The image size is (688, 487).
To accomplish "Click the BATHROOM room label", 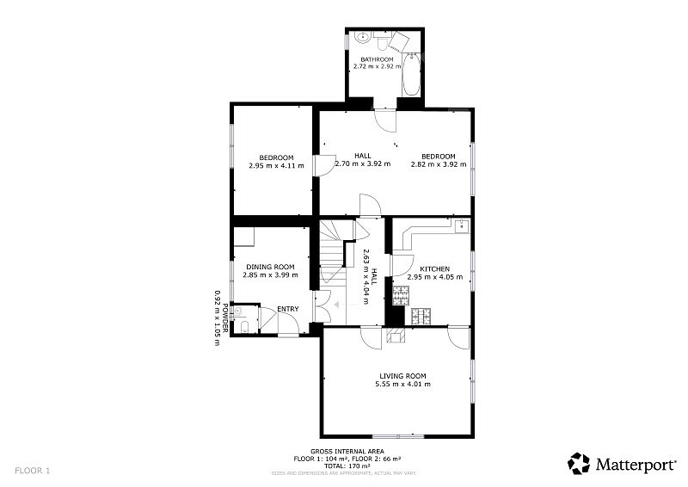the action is click(x=377, y=59).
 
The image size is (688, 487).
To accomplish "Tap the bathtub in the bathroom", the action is click(x=411, y=75).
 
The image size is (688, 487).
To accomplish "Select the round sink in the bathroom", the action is click(x=363, y=37).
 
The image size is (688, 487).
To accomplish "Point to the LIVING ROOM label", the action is click(x=402, y=376).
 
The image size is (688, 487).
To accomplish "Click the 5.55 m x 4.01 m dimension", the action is click(x=402, y=384).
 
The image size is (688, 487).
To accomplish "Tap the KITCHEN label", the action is click(x=435, y=268).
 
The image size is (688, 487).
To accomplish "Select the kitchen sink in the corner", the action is click(x=462, y=225).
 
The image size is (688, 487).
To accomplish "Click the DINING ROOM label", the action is click(x=270, y=267).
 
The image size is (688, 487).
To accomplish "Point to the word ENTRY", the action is click(x=288, y=309).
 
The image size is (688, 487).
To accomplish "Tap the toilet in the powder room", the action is click(x=244, y=327).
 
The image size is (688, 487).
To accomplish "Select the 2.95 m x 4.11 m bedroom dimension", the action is click(x=276, y=165).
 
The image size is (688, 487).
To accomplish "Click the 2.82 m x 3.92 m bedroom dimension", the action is click(x=439, y=164).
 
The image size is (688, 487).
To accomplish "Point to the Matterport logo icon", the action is click(x=579, y=464).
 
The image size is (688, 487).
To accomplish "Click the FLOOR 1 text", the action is click(x=33, y=471).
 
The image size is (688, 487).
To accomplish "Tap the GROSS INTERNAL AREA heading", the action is click(x=347, y=452).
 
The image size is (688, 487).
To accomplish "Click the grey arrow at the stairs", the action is click(x=347, y=305).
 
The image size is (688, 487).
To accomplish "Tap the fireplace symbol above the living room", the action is click(x=396, y=336).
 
